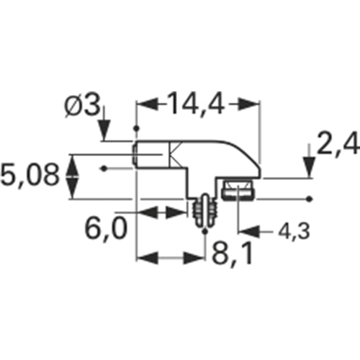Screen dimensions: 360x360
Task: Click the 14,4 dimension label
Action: pos(196,104)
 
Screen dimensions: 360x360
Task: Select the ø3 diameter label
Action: pos(82,106)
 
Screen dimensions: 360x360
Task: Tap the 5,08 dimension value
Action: pos(30,176)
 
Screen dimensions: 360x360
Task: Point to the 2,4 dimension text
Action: pos(338,144)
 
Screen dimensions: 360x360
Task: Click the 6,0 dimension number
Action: pos(106,229)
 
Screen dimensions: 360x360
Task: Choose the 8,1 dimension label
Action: pos(232,253)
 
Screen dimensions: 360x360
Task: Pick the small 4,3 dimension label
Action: pos(294,232)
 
